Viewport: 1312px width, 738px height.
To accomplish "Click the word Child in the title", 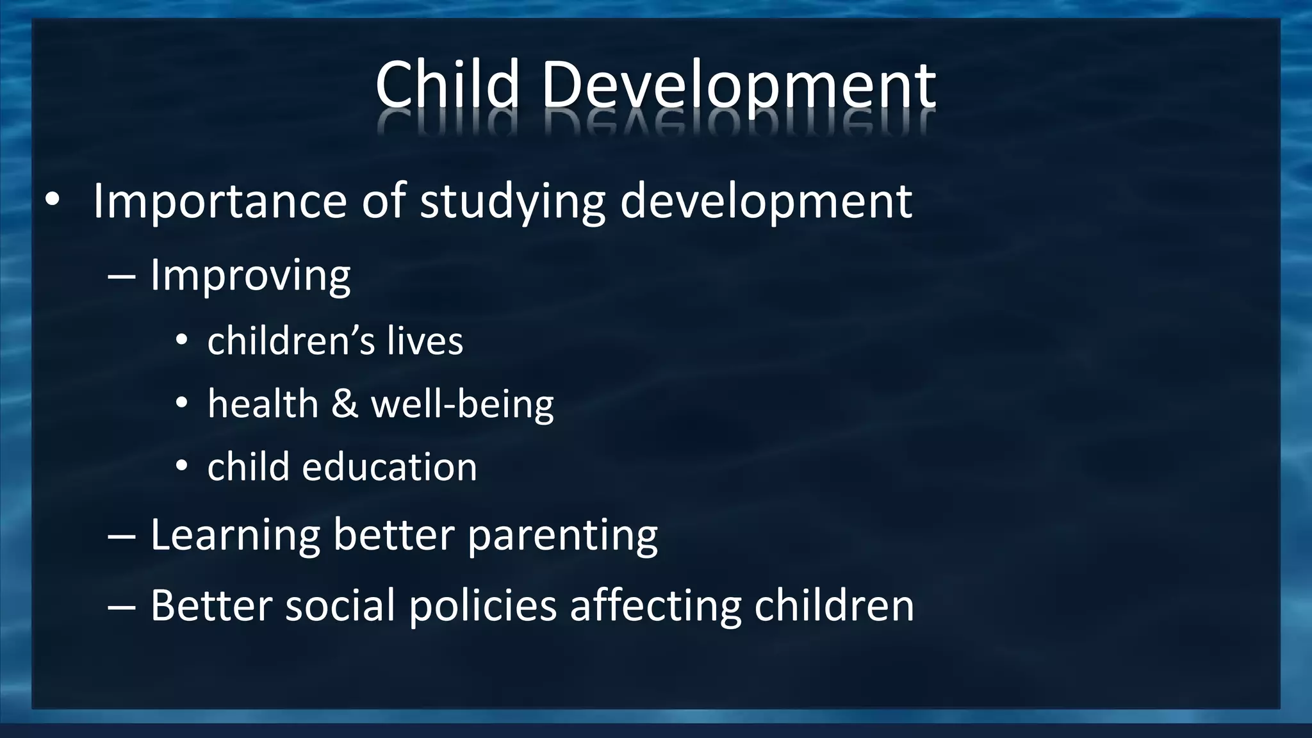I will click(447, 85).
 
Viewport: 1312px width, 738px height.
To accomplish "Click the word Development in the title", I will click(738, 86).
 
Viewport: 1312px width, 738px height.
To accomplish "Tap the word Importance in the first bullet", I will click(220, 201).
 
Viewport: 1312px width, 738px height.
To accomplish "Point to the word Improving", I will click(250, 276).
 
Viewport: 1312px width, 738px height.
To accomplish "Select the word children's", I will click(290, 341).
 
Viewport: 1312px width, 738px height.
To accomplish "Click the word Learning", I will click(234, 535).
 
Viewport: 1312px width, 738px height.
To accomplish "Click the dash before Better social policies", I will click(121, 605).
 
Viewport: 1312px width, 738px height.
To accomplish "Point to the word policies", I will click(482, 605).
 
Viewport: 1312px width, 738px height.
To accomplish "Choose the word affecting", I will click(655, 605).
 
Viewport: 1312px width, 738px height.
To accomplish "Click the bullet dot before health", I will click(181, 404).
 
